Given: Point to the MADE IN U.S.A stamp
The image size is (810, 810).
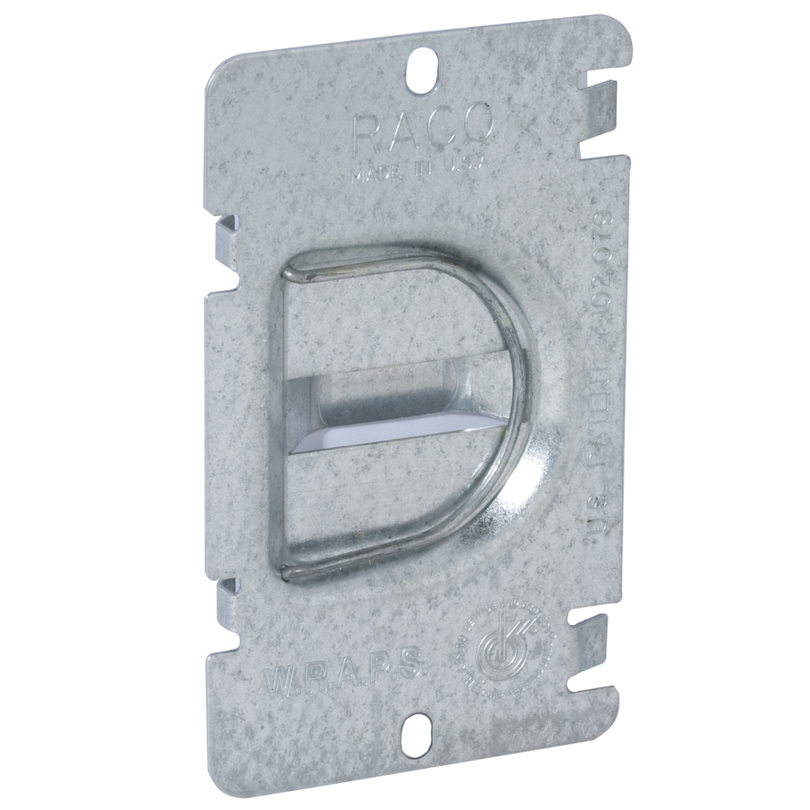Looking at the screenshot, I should point(418,167).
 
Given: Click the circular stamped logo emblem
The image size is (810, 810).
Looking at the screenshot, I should point(504,645).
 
